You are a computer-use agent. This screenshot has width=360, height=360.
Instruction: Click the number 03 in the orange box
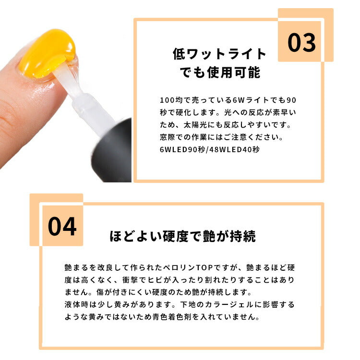point(302,43)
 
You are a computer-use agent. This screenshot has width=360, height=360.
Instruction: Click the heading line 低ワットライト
point(219,54)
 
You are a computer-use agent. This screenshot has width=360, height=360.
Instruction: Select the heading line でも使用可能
point(219,72)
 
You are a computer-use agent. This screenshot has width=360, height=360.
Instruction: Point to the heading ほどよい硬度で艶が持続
point(183,237)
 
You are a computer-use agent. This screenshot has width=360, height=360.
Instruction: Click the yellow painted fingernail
point(47,53)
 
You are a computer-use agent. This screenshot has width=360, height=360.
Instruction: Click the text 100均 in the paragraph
point(171,101)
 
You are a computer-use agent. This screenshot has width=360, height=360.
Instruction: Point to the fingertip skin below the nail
point(29,106)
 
